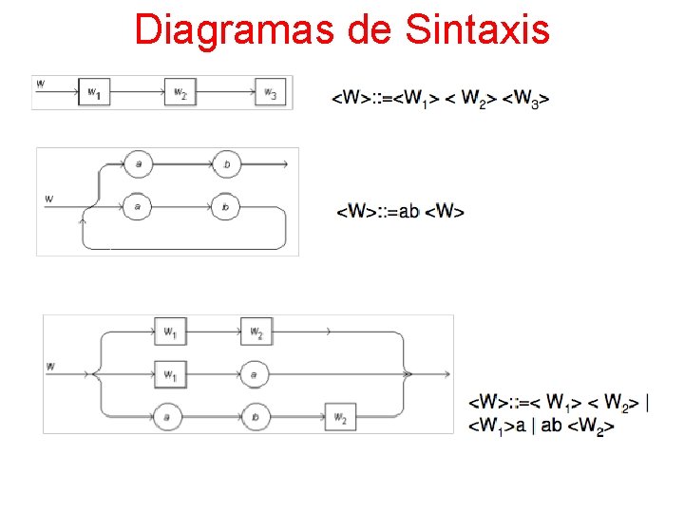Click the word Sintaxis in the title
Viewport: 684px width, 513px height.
477,29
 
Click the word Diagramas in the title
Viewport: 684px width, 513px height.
229,29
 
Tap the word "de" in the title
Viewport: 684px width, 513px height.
364,29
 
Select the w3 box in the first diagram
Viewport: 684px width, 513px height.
271,92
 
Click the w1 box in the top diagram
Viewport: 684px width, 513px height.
93,92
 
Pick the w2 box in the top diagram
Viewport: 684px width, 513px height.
180,92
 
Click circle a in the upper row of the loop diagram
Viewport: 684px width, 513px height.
138,164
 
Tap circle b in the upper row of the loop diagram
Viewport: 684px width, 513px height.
225,164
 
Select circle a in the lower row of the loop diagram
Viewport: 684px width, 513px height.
138,205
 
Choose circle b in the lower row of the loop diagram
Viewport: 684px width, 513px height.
225,205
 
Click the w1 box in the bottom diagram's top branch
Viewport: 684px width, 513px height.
169,332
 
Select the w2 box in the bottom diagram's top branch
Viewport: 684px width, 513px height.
256,332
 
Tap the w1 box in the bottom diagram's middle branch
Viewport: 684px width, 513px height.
169,375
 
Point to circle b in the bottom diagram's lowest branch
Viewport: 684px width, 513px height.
256,416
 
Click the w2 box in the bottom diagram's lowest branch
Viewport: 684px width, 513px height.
340,417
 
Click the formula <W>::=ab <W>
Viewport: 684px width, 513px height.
401,211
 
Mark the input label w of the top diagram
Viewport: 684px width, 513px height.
40,84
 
